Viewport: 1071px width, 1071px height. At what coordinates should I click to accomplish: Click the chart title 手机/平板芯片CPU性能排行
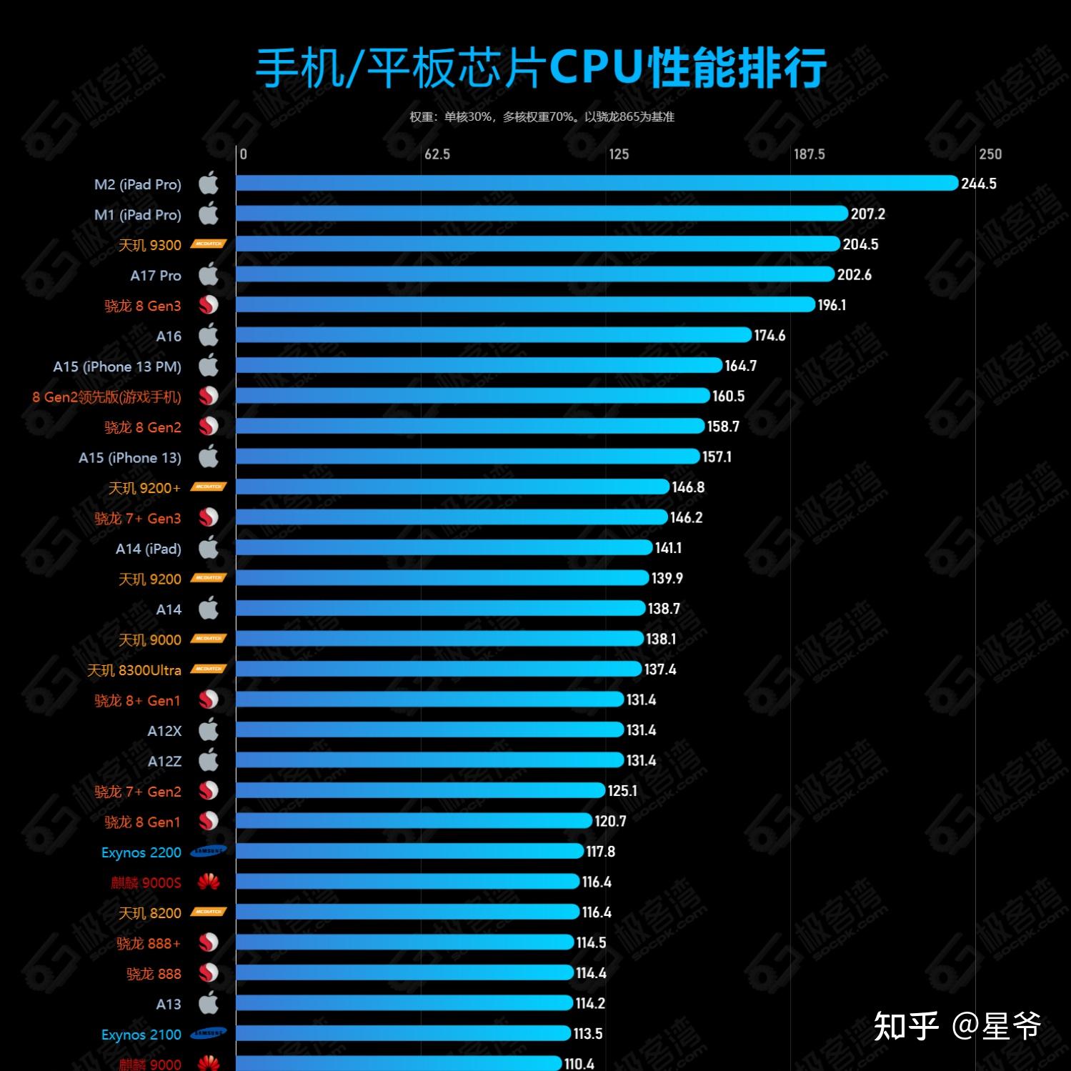point(541,69)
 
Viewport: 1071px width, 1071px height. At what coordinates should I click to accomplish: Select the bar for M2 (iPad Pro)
point(597,184)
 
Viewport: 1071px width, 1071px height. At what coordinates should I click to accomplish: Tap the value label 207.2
point(867,214)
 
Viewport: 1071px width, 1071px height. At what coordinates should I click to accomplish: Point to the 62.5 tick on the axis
point(437,154)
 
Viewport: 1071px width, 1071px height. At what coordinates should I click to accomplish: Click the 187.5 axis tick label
point(809,154)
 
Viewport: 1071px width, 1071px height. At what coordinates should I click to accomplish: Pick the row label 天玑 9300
point(149,245)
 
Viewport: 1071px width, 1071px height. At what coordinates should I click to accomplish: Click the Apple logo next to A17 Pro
point(208,274)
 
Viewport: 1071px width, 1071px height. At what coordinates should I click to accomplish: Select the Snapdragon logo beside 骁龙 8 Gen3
point(208,305)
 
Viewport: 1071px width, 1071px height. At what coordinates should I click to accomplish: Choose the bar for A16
point(494,335)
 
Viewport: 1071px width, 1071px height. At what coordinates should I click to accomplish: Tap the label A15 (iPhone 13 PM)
point(117,367)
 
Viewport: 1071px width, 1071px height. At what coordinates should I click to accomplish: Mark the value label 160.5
point(728,397)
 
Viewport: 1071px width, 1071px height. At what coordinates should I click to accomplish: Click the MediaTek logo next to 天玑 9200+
point(208,487)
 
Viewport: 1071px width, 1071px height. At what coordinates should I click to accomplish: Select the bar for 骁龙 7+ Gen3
point(452,517)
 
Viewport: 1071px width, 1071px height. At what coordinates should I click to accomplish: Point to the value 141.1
point(668,548)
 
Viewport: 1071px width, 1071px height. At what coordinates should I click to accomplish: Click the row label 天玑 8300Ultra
point(134,670)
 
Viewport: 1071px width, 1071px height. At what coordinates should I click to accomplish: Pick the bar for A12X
point(429,730)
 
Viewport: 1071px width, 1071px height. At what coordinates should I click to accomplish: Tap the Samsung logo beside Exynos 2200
point(208,851)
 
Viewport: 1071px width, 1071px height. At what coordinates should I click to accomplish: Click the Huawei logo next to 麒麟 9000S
point(208,882)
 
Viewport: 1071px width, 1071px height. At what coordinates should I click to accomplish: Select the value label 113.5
point(588,1034)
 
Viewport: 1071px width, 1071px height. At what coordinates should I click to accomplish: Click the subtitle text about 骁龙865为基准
point(542,116)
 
